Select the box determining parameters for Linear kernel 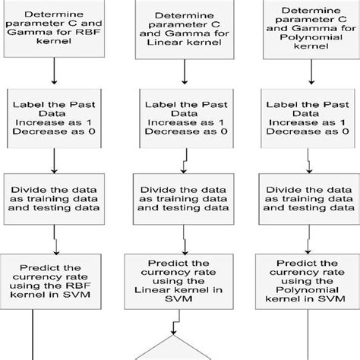coord(179,30)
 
